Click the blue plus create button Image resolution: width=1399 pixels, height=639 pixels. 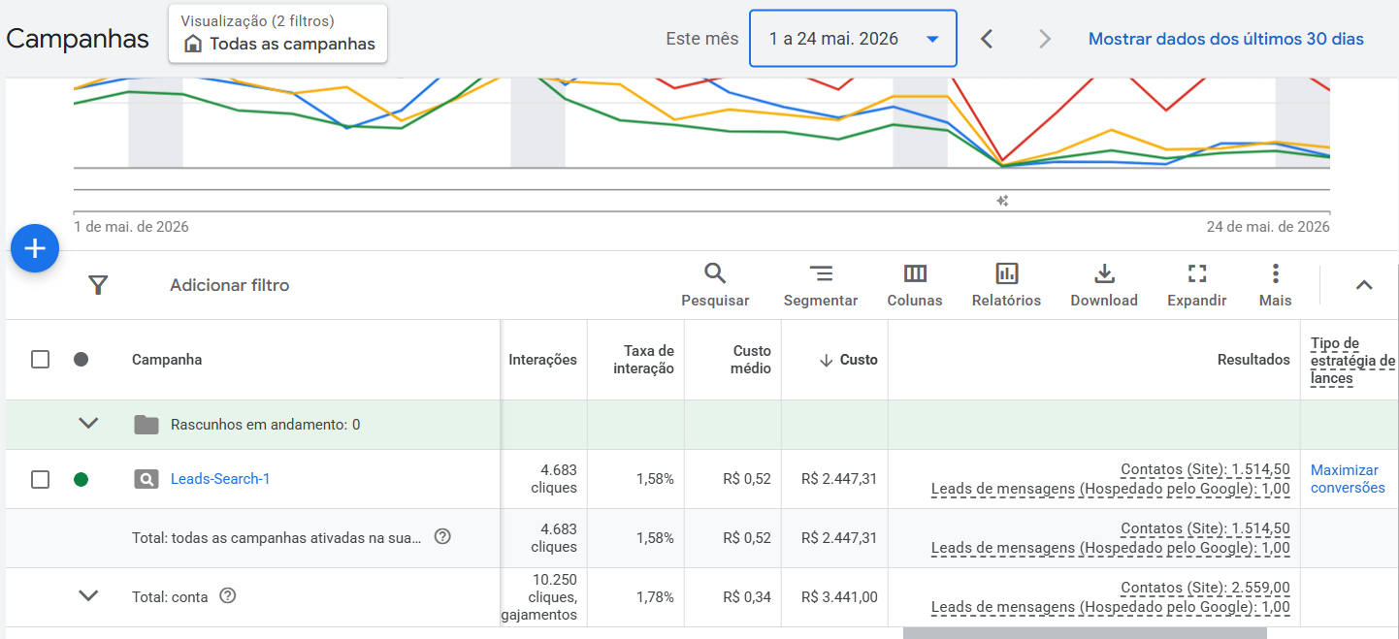click(35, 248)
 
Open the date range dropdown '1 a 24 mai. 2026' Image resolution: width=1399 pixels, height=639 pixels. click(853, 39)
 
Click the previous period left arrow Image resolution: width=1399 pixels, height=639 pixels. click(987, 40)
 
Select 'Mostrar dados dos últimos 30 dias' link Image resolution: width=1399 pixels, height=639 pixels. click(1225, 39)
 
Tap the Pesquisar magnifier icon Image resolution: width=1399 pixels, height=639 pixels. click(714, 273)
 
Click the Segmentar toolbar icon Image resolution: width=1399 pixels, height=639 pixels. click(821, 273)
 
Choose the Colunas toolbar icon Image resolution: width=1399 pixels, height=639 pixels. click(915, 273)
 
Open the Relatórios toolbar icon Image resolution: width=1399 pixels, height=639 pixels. click(1007, 273)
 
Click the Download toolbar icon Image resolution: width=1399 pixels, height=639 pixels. click(1104, 273)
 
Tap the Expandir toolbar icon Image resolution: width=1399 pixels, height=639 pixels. click(1196, 273)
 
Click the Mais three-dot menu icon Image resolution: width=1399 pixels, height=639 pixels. click(1276, 273)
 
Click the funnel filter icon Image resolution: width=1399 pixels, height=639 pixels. click(98, 285)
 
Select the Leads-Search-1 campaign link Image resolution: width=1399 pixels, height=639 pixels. click(220, 479)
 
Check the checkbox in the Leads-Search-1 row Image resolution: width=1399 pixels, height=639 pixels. click(40, 479)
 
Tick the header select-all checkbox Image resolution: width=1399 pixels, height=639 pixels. click(40, 360)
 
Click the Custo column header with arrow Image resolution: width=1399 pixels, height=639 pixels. click(848, 360)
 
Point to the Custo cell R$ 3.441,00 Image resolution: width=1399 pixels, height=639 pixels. click(839, 597)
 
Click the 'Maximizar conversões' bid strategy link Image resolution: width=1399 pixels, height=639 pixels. click(1348, 479)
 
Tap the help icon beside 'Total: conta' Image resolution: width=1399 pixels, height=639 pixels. click(228, 596)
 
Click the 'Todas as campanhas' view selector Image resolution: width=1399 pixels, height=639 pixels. click(277, 34)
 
